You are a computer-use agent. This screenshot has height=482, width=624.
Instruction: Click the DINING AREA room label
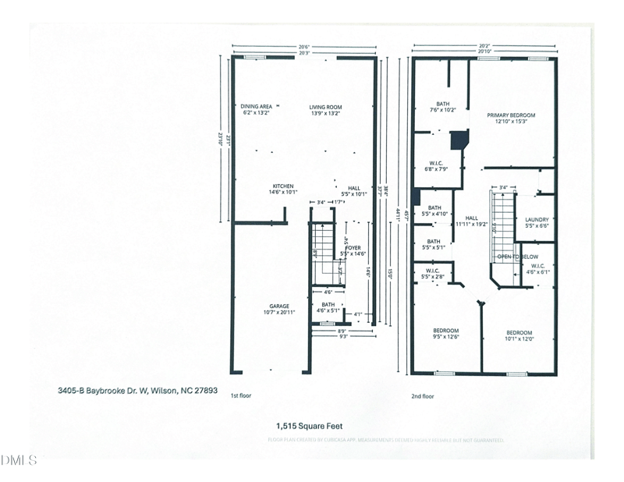[256, 108]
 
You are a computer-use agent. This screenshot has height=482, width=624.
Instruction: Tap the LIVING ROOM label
[325, 108]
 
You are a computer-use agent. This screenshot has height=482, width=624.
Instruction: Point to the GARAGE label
[279, 306]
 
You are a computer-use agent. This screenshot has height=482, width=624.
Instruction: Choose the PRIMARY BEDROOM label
[511, 115]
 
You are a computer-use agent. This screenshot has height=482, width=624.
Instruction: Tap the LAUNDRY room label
[537, 220]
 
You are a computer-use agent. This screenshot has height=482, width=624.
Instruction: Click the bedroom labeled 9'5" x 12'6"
[445, 330]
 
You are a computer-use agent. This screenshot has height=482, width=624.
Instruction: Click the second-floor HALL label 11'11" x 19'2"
[471, 218]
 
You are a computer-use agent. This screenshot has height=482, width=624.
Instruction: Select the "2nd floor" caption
[422, 396]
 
